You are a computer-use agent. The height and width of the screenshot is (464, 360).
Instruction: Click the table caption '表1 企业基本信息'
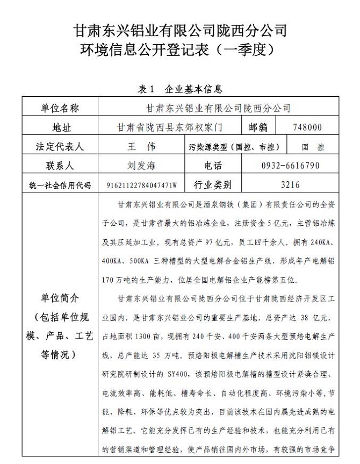click(180, 89)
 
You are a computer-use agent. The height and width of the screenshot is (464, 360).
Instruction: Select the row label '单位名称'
click(59, 108)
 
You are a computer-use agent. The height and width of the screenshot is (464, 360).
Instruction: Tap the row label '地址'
click(59, 127)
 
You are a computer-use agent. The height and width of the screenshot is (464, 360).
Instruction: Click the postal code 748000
click(308, 127)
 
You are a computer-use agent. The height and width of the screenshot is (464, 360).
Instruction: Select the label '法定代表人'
click(59, 146)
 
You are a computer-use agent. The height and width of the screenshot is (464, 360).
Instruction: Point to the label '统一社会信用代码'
click(59, 185)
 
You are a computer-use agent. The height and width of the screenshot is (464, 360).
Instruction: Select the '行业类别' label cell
click(213, 185)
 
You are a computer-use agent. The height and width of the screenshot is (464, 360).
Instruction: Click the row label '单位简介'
click(59, 297)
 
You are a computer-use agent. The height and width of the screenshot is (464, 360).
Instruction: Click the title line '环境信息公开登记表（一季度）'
click(180, 50)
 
